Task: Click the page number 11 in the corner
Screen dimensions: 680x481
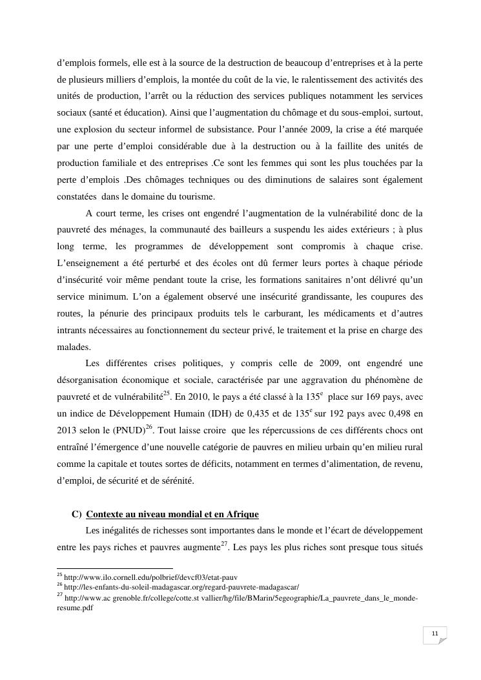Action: click(435, 634)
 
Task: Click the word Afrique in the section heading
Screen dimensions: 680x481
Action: click(241, 514)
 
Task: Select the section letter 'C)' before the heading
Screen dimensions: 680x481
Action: click(77, 514)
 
